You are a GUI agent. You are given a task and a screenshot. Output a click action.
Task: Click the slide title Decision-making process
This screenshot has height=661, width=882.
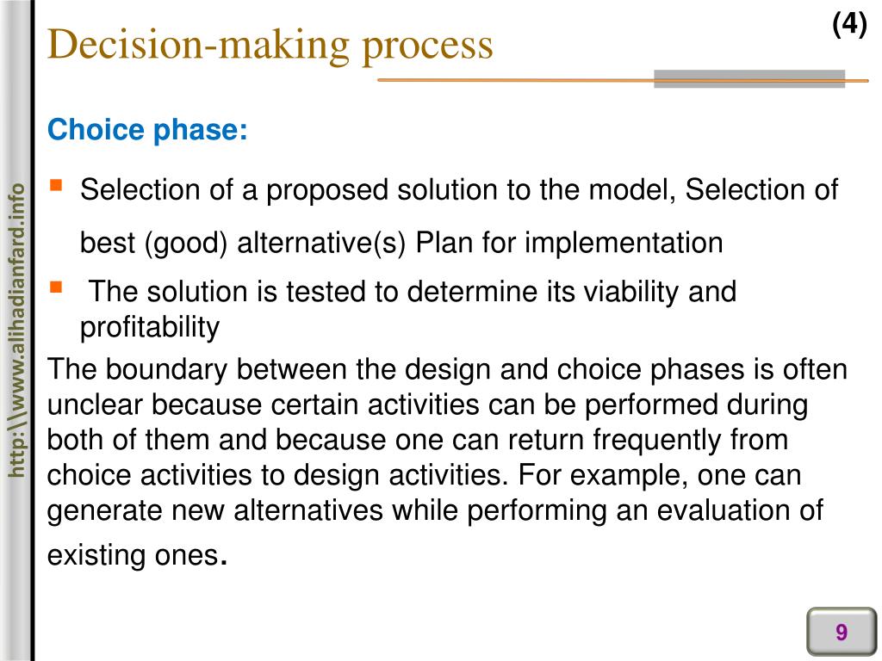[x=270, y=45]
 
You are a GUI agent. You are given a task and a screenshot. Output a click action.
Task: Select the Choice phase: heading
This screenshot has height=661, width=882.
[x=147, y=131]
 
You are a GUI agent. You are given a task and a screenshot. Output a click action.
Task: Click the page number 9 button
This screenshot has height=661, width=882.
[x=841, y=633]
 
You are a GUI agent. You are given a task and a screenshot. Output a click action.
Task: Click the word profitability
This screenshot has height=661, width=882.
[x=150, y=328]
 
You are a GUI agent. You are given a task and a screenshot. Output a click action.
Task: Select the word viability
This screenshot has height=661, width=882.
[x=632, y=292]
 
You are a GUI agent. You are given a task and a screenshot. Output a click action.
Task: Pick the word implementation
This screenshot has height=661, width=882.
[x=624, y=244]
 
